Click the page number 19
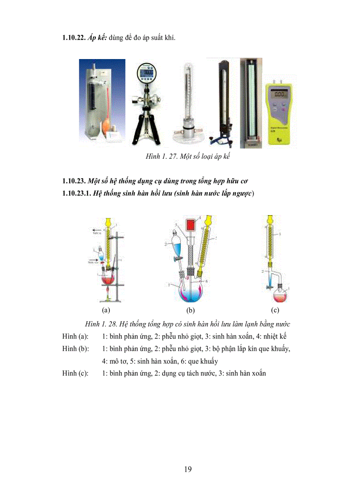[x=187, y=469]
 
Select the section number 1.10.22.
[x=72, y=39]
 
